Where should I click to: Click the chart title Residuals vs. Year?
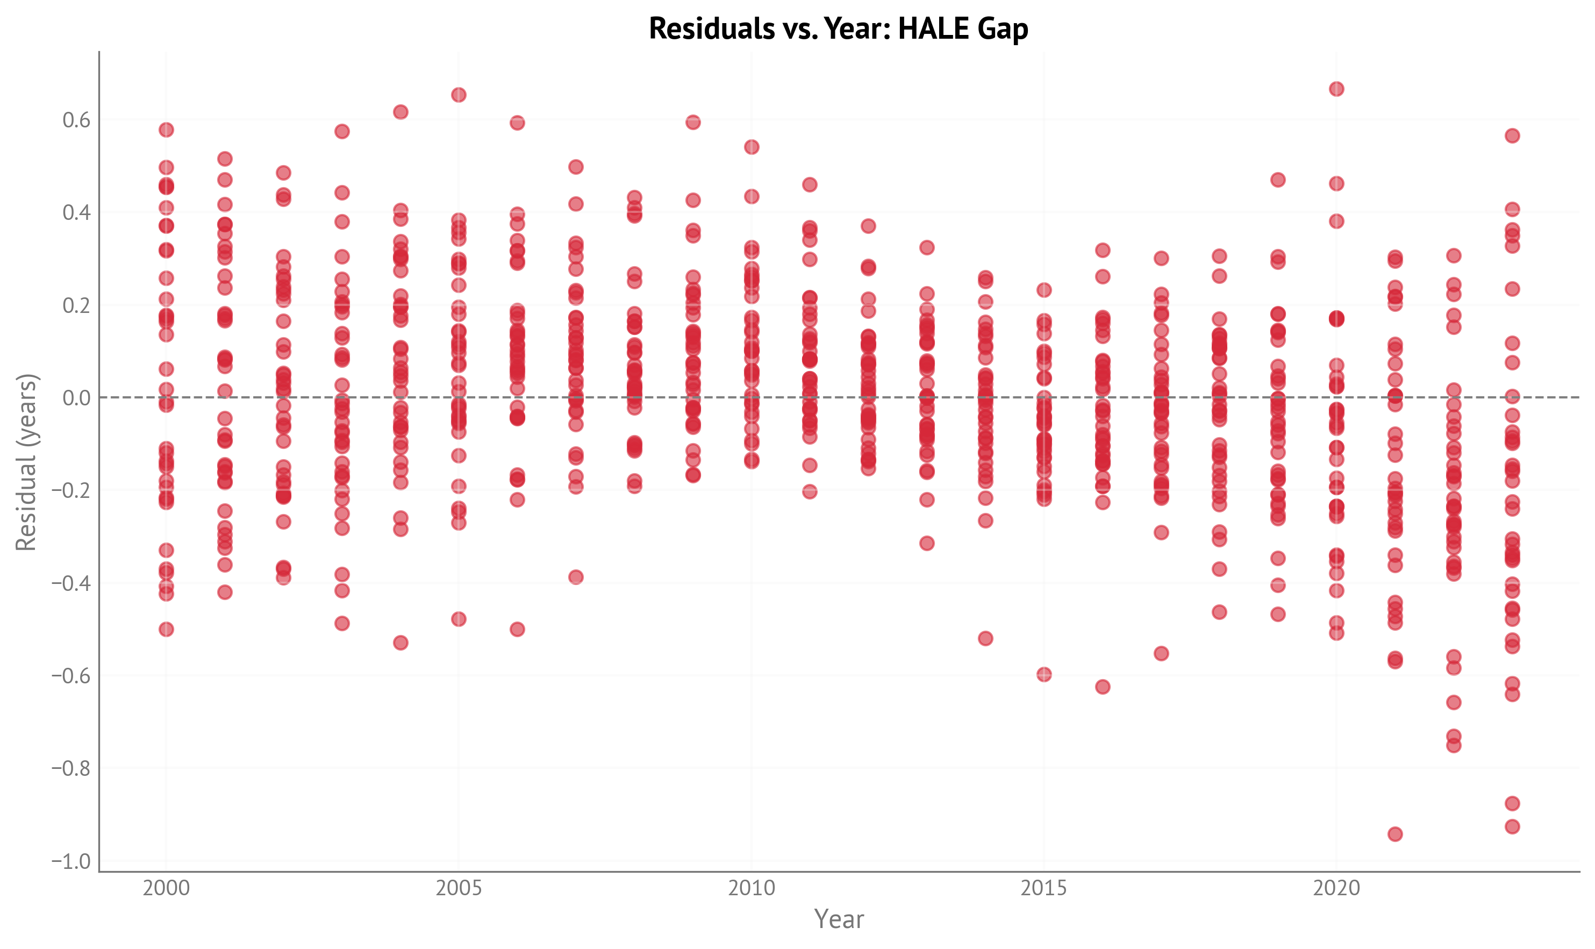coord(838,29)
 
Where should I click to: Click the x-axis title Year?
coord(839,919)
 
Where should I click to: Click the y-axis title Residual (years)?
coord(27,462)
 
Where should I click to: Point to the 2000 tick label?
coord(166,888)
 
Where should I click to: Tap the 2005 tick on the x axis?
coord(459,888)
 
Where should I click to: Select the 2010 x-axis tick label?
coord(751,888)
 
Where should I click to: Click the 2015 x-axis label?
coord(1043,888)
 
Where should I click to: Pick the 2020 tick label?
coord(1336,888)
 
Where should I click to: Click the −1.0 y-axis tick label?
coord(71,861)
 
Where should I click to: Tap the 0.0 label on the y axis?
coord(76,398)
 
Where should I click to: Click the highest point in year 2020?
coord(1336,89)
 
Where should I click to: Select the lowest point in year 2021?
coord(1395,834)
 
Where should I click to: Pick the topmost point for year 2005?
coord(459,95)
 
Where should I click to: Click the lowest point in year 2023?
coord(1512,827)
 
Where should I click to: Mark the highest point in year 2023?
coord(1512,135)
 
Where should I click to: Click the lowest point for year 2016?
coord(1102,687)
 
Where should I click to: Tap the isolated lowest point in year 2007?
coord(575,577)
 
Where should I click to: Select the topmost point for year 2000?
coord(166,130)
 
